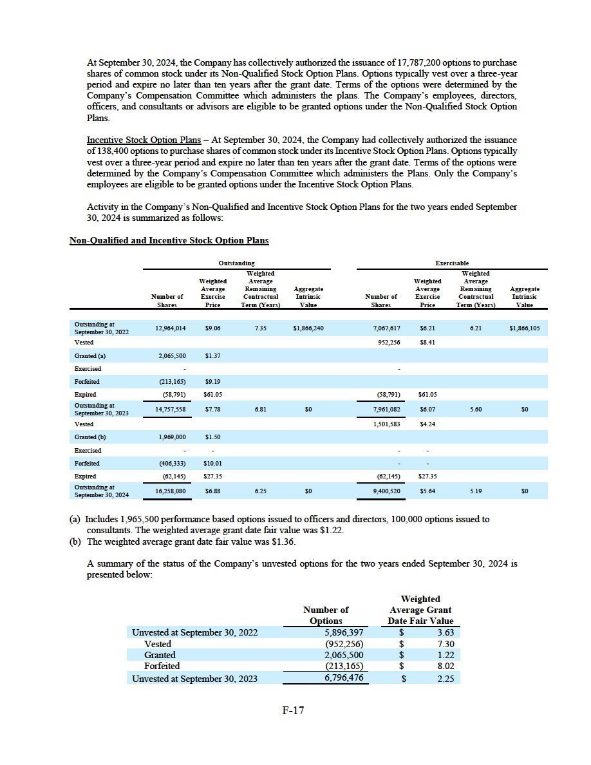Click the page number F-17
point(293,711)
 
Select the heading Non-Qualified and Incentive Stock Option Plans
point(169,240)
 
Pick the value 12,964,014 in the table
point(171,328)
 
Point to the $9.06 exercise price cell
point(212,328)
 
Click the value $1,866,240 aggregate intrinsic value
point(308,328)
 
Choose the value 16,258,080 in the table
point(171,491)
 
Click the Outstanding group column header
point(236,263)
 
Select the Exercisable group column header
point(452,263)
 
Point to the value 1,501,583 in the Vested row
point(386,424)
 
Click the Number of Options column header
point(326,615)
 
